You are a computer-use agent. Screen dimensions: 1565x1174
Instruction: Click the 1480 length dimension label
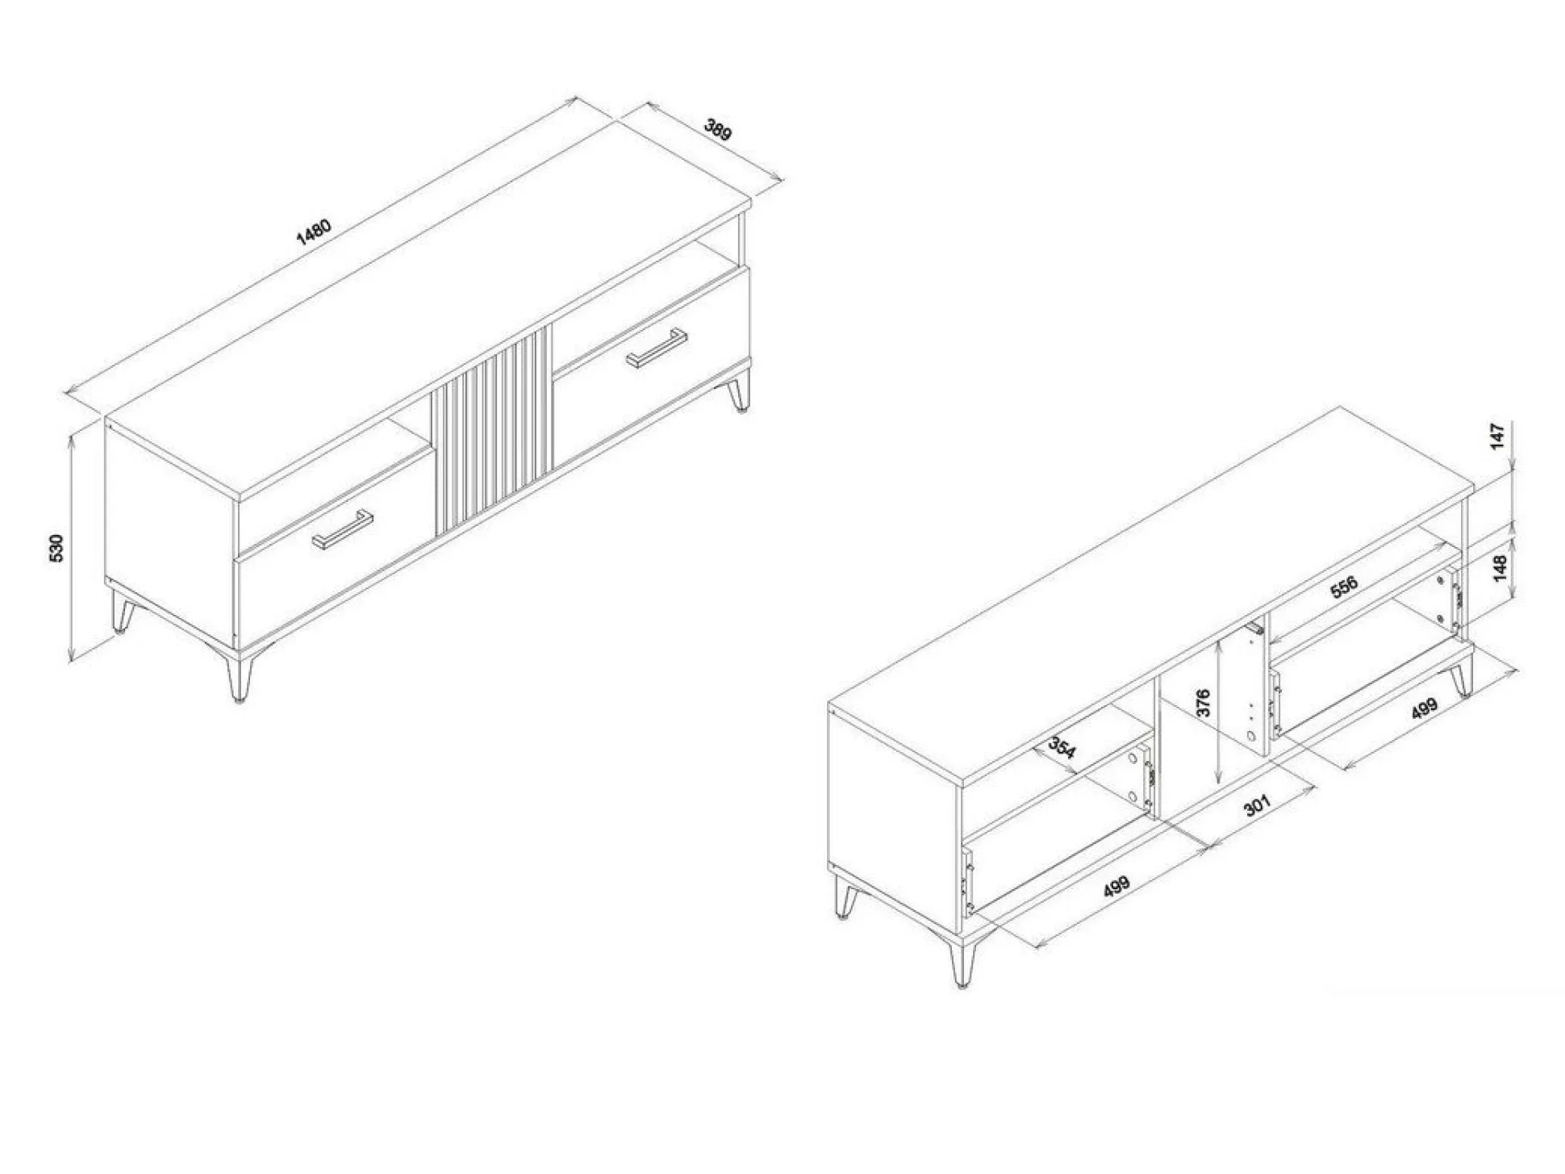pyautogui.click(x=314, y=232)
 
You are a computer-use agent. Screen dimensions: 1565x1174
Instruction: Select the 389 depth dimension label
pyautogui.click(x=717, y=129)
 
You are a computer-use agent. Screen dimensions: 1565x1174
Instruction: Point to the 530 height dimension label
pyautogui.click(x=56, y=549)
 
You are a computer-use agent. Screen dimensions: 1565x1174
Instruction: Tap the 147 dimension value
pyautogui.click(x=1498, y=436)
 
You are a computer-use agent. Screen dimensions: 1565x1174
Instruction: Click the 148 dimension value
pyautogui.click(x=1500, y=567)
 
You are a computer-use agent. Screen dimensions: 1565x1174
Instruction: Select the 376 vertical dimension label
pyautogui.click(x=1202, y=703)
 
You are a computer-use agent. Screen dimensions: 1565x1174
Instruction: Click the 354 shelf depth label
pyautogui.click(x=1062, y=748)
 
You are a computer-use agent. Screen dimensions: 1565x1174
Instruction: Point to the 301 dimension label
pyautogui.click(x=1257, y=804)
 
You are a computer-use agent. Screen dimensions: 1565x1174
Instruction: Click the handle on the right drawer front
pyautogui.click(x=657, y=348)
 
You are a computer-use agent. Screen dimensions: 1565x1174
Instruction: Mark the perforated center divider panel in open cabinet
pyautogui.click(x=1243, y=690)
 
